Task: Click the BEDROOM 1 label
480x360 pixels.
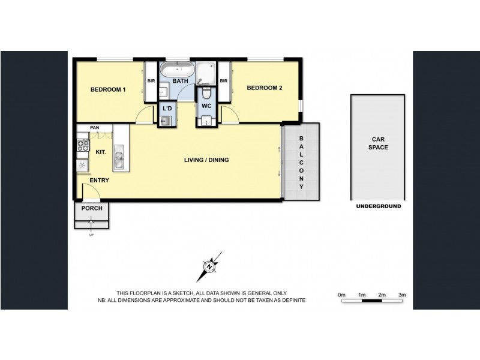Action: pyautogui.click(x=108, y=90)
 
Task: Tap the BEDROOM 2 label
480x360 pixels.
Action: pyautogui.click(x=265, y=88)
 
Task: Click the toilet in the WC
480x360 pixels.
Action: pyautogui.click(x=206, y=94)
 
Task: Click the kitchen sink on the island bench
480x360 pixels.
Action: pyautogui.click(x=119, y=159)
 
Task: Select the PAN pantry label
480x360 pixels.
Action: pyautogui.click(x=94, y=128)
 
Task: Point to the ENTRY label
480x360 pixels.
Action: pyautogui.click(x=100, y=180)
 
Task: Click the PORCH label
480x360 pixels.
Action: pyautogui.click(x=92, y=208)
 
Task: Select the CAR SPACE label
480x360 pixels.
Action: pyautogui.click(x=378, y=143)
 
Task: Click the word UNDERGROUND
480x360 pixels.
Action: pyautogui.click(x=378, y=206)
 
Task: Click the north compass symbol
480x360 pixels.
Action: pyautogui.click(x=209, y=266)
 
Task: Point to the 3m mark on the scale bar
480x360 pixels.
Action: pyautogui.click(x=402, y=295)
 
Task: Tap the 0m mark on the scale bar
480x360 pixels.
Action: pyautogui.click(x=341, y=295)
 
